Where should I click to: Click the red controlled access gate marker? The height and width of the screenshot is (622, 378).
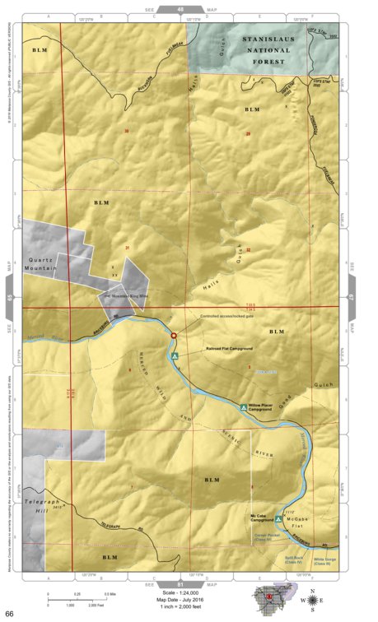(x=173, y=336)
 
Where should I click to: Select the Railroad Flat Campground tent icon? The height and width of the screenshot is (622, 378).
(x=175, y=356)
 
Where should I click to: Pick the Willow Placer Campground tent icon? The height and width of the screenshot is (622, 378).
(x=242, y=407)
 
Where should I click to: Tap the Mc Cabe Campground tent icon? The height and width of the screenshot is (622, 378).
(x=278, y=519)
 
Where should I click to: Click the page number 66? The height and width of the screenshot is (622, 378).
(x=9, y=614)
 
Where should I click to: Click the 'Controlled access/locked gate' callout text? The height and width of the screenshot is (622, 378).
(x=227, y=317)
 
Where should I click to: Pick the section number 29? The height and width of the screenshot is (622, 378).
(x=247, y=133)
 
